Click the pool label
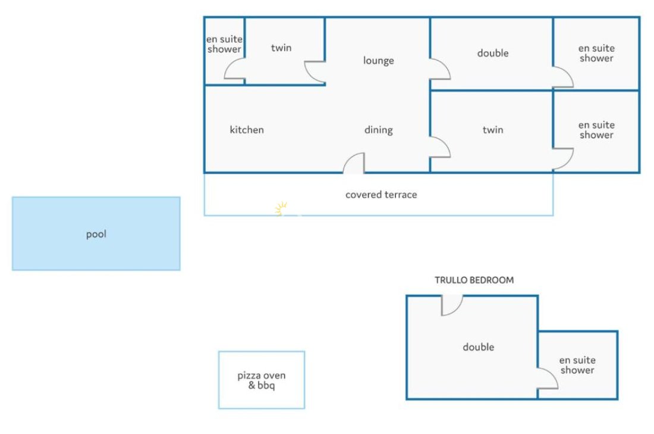96,235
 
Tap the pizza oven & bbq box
262,380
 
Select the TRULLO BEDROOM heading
474,280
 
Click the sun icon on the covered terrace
281,208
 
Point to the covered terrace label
381,195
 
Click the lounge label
378,61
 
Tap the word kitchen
247,130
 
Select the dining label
379,130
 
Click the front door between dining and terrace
354,163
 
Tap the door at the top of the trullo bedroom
452,305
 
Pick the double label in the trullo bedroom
479,346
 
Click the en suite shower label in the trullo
577,365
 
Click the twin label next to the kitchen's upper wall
281,48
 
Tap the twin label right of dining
493,130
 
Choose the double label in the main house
493,53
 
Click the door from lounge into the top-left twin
315,72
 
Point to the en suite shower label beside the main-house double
596,53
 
